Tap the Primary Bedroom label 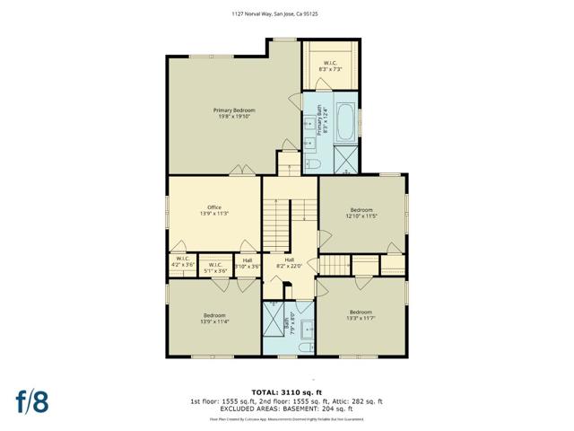coord(233,112)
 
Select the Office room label coord(213,211)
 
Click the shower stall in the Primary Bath coord(345,162)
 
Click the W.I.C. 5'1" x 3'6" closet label coord(213,267)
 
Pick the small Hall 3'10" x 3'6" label coord(247,263)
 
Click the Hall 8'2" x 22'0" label coord(290,261)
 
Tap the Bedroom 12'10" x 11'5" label coord(361,213)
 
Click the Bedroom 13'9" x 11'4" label coord(213,318)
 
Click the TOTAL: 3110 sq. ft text coord(286,392)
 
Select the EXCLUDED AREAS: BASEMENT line coord(286,409)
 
